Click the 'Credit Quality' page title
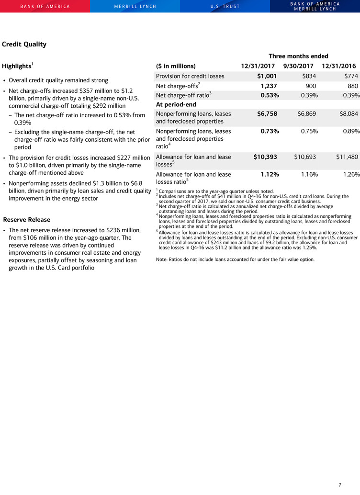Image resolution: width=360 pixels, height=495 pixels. coord(24,45)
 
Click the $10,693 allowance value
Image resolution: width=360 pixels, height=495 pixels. coord(305,157)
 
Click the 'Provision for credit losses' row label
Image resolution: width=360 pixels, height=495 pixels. coord(190,76)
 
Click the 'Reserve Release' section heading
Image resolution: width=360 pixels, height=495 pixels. coord(27,220)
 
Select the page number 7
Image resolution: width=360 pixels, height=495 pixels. coord(340,485)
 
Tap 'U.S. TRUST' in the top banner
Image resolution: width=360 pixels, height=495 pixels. coord(225,6)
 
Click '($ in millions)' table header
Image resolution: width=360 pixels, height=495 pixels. coord(176,66)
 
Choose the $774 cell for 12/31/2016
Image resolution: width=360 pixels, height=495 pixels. coord(352,76)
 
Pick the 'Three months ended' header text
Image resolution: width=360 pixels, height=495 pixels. coord(298,56)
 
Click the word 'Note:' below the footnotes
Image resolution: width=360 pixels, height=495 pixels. coord(163,259)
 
